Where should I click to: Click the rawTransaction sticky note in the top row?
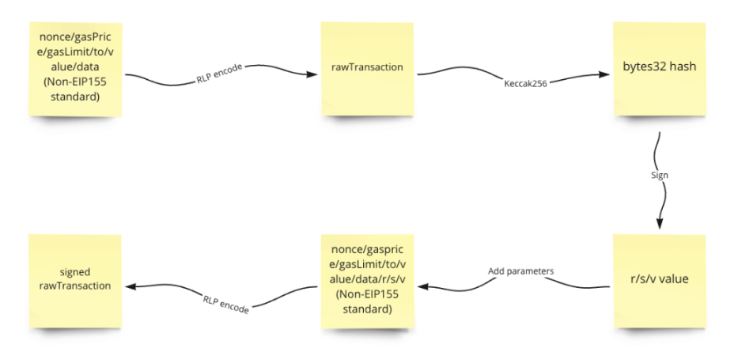pos(367,68)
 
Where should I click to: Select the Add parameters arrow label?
pos(520,271)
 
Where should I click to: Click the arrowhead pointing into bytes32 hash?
pos(605,75)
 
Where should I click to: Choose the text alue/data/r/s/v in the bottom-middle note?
pos(366,279)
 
